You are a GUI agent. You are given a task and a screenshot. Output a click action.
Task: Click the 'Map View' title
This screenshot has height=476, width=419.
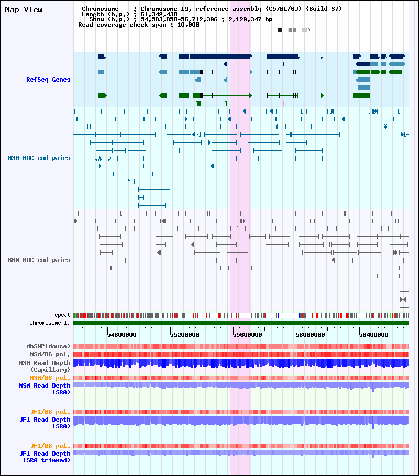click(24, 10)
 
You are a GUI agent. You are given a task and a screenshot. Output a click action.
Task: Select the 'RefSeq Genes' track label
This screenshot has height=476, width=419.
click(48, 80)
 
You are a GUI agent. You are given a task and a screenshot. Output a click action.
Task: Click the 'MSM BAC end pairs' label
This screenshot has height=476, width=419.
click(39, 158)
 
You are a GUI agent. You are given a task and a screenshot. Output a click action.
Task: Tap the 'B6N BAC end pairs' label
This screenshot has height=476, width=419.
click(39, 260)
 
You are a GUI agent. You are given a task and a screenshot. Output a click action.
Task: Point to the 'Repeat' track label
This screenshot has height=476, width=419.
click(61, 315)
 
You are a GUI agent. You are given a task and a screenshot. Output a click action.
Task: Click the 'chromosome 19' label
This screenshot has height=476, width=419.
click(50, 323)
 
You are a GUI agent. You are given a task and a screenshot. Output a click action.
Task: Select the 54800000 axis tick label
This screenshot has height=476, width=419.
click(122, 335)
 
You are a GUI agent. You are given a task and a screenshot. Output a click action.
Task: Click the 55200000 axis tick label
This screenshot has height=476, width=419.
click(184, 335)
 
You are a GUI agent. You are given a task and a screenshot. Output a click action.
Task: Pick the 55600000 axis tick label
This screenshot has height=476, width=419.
click(248, 335)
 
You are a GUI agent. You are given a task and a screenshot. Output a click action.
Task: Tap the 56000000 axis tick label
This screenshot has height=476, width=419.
click(311, 335)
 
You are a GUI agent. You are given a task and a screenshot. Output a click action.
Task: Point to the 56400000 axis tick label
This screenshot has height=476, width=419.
click(373, 335)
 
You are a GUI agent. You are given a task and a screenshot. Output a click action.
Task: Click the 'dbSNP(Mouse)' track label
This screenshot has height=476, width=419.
click(48, 346)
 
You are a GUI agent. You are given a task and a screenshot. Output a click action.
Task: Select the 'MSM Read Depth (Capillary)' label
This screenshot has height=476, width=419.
click(45, 366)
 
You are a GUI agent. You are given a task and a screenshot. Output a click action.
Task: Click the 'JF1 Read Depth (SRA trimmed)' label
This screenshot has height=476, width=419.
click(45, 457)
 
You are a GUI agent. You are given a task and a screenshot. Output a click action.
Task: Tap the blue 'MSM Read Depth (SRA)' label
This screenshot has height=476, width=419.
click(45, 389)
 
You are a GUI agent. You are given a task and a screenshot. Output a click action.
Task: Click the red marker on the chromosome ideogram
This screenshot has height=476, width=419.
click(306, 30)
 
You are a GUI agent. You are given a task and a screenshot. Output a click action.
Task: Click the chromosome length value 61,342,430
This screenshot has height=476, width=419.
click(159, 14)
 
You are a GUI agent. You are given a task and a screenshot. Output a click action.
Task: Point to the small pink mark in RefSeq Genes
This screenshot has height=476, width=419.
click(284, 103)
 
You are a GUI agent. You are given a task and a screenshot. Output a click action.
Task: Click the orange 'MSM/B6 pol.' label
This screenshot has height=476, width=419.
click(50, 378)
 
